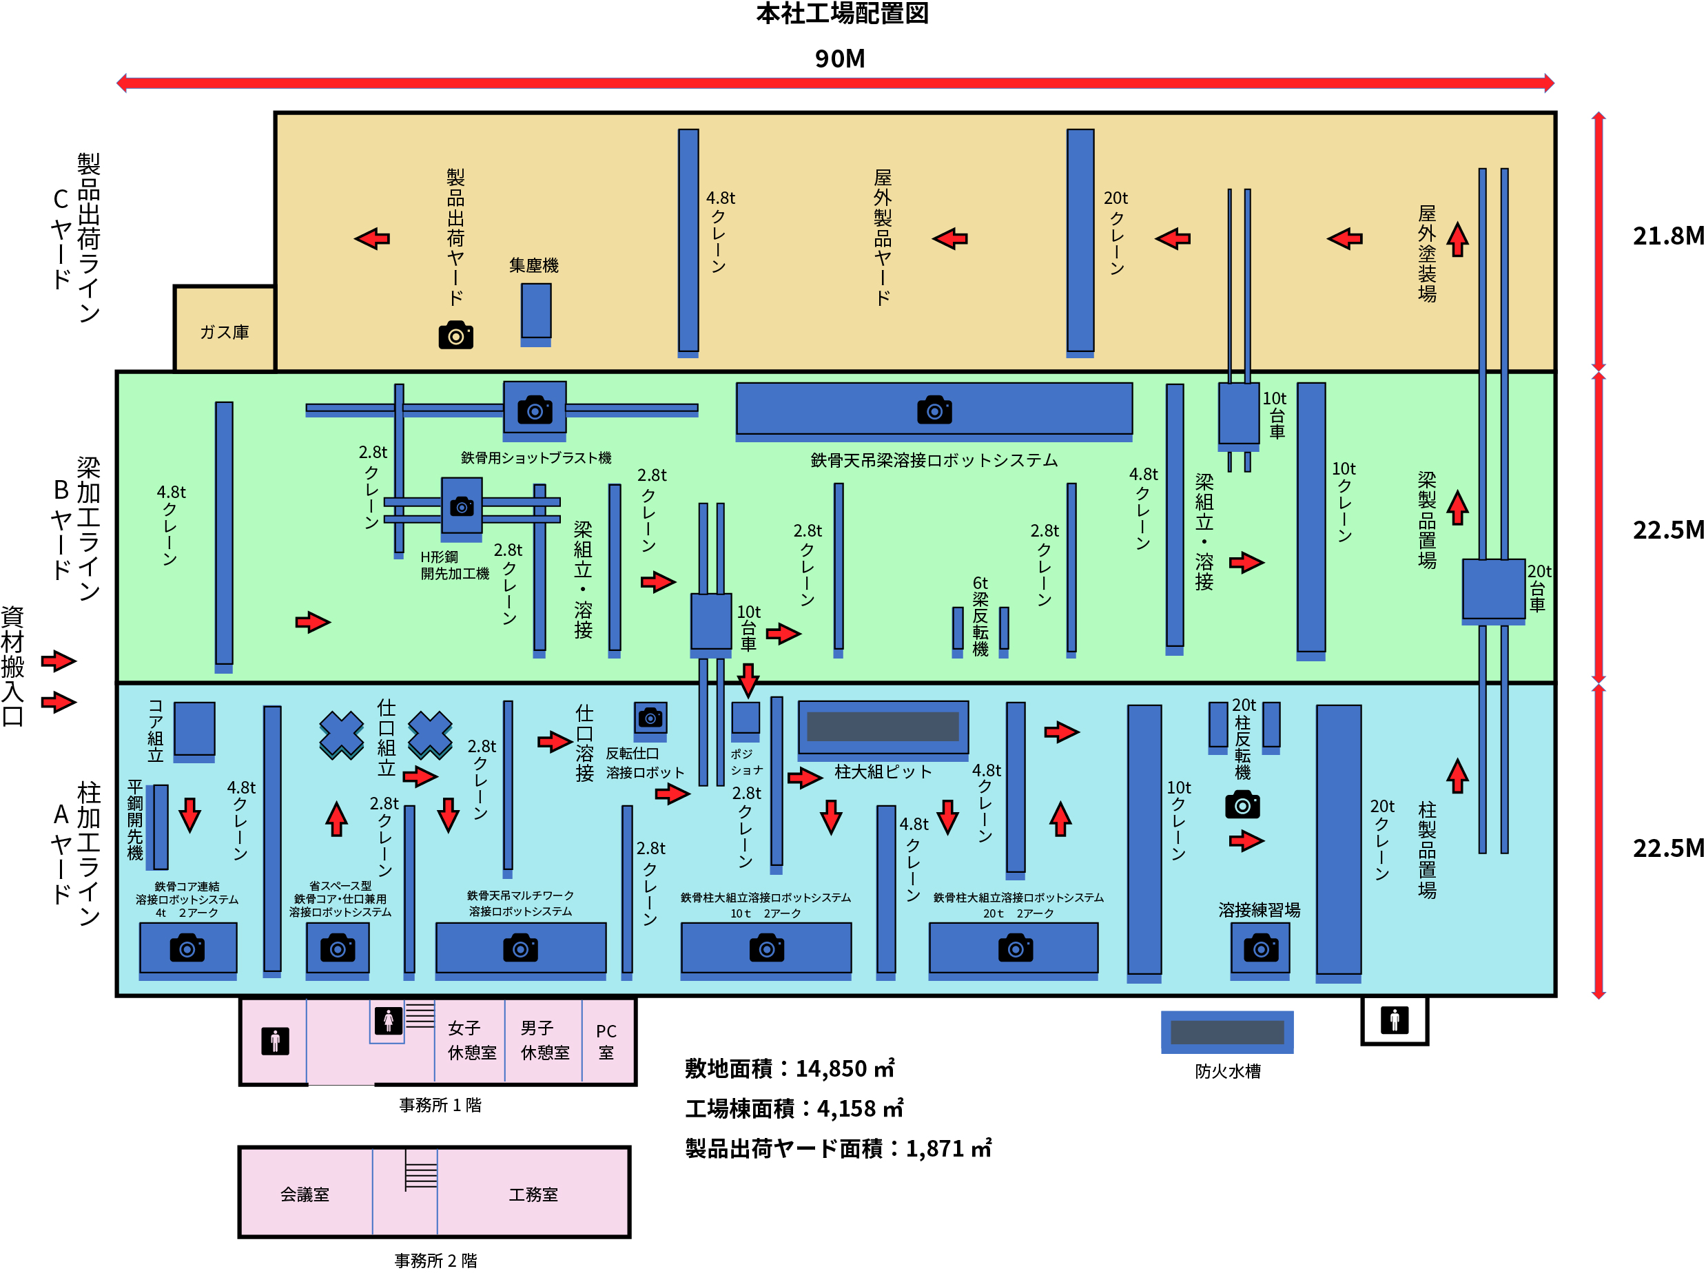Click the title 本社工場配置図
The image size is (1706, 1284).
841,14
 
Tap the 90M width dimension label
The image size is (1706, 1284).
839,59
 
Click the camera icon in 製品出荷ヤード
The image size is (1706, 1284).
456,335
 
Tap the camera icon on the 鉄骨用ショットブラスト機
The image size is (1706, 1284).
535,409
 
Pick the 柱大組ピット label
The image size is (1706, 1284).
883,772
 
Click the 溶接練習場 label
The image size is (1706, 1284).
1259,910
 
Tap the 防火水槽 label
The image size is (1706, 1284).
1227,1071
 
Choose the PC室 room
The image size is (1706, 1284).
606,1041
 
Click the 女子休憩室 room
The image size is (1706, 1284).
471,1040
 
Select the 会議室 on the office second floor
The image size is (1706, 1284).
305,1194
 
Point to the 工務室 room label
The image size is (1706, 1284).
533,1194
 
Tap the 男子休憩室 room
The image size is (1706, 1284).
544,1040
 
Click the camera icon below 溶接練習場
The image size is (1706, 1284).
1260,948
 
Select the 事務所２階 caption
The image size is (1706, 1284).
435,1261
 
